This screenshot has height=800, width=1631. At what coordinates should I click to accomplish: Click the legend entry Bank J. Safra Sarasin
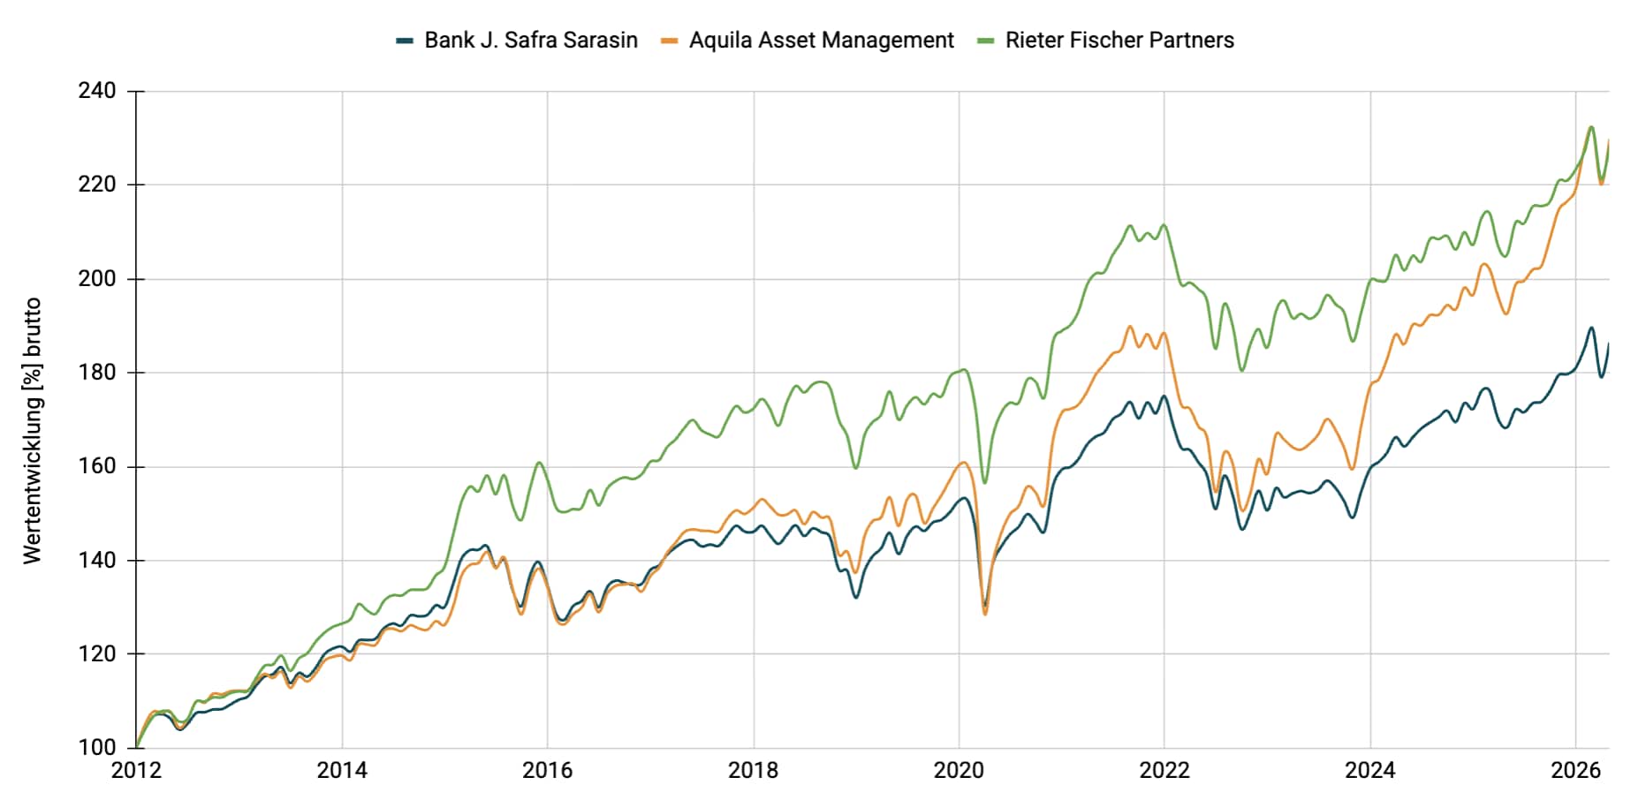click(531, 41)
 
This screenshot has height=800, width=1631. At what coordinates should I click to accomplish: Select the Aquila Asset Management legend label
click(821, 41)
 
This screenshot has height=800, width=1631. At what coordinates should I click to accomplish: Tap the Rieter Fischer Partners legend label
click(1119, 41)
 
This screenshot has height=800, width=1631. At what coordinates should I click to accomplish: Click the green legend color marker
click(986, 41)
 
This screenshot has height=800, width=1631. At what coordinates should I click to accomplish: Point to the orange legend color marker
click(670, 41)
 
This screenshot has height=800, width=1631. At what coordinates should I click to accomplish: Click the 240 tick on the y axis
click(97, 91)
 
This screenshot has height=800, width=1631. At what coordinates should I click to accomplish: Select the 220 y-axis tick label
click(97, 185)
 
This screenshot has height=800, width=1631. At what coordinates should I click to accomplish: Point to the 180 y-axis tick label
click(97, 373)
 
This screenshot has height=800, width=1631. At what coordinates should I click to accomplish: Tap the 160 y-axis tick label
click(97, 466)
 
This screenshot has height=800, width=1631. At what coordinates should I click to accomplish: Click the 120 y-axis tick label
click(97, 654)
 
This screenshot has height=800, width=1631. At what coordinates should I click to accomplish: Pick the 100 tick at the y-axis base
click(97, 748)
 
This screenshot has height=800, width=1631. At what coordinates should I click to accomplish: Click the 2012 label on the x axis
click(136, 771)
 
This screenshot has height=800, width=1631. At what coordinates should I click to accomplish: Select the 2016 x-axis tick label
click(547, 771)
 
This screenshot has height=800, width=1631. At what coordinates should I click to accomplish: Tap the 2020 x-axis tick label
click(959, 771)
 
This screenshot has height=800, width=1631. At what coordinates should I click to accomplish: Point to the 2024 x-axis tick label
click(1369, 771)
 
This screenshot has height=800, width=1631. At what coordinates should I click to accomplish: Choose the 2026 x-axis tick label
click(1575, 771)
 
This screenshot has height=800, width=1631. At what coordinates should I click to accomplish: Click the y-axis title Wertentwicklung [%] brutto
click(33, 431)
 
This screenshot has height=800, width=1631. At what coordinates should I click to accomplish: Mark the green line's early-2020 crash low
click(985, 482)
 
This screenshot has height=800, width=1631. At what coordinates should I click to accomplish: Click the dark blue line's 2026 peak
click(1591, 328)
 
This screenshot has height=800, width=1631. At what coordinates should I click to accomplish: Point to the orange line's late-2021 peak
click(1130, 327)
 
